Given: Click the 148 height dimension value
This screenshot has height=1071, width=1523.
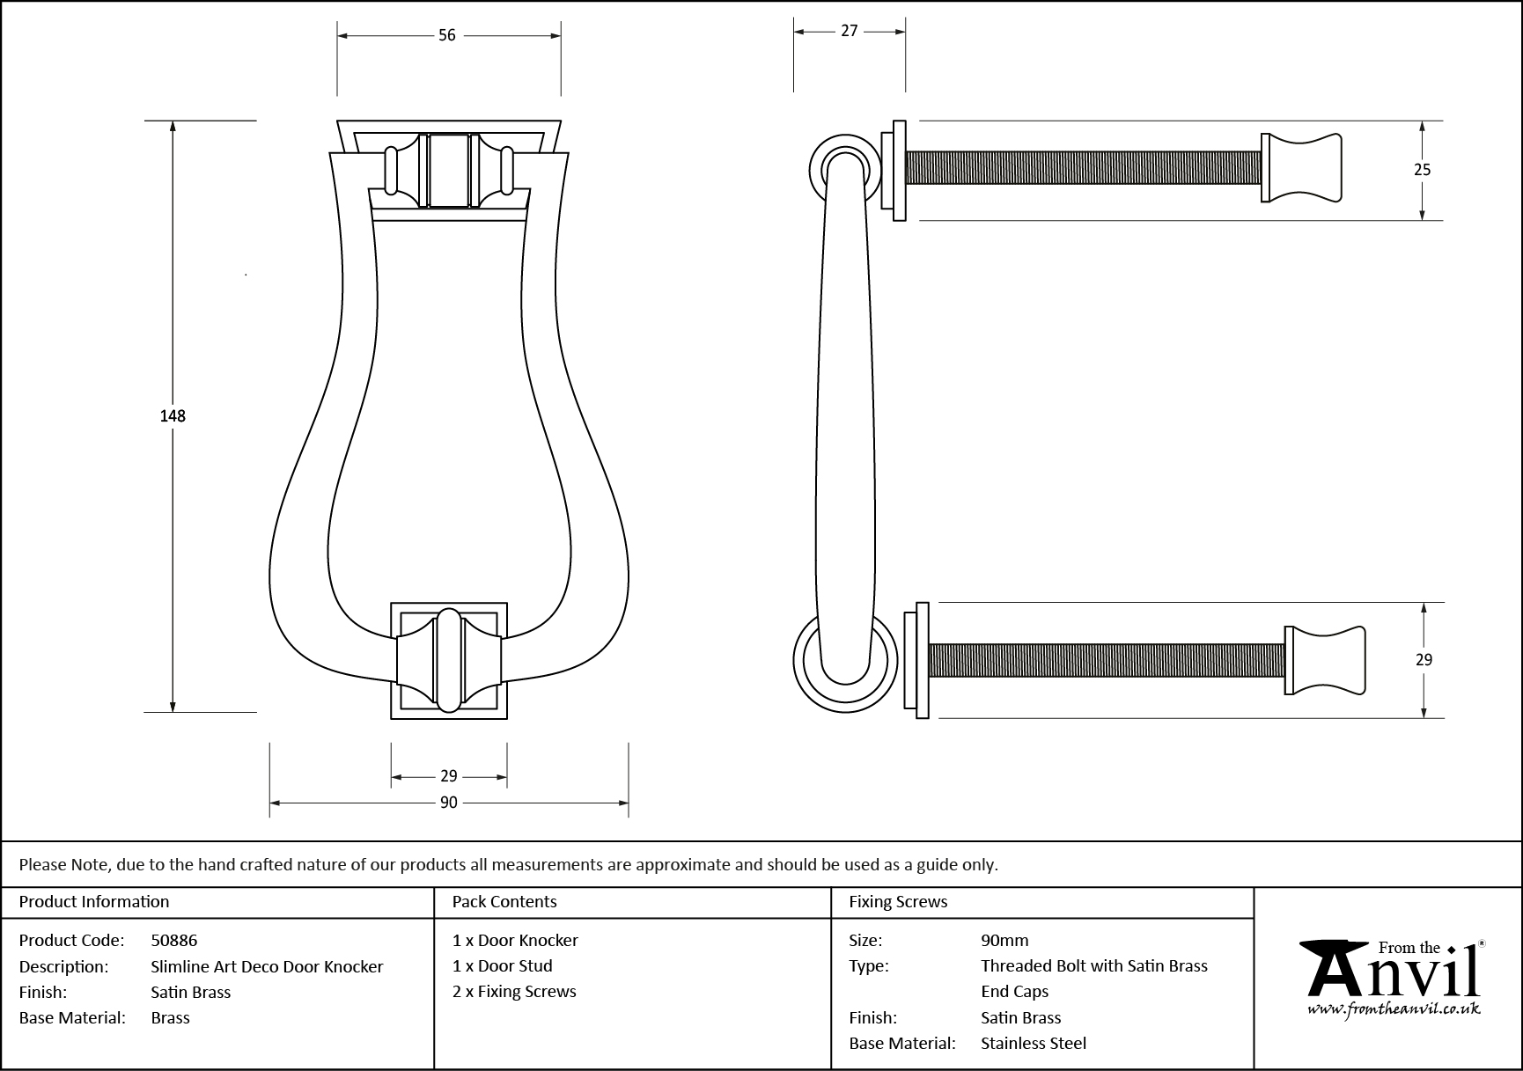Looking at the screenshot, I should pyautogui.click(x=173, y=415).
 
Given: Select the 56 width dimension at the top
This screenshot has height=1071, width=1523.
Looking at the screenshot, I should pyautogui.click(x=447, y=35).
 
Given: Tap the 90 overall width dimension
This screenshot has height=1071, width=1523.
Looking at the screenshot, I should pyautogui.click(x=449, y=803).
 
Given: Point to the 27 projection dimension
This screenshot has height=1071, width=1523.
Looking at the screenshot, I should pyautogui.click(x=849, y=31).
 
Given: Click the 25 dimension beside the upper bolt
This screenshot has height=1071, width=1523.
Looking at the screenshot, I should pyautogui.click(x=1423, y=170).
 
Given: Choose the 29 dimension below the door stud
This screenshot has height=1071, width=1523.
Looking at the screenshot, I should pyautogui.click(x=449, y=776).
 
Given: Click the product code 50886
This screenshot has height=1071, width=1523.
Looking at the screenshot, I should pyautogui.click(x=174, y=940).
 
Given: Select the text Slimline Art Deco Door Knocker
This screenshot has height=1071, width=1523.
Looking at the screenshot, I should pyautogui.click(x=267, y=966).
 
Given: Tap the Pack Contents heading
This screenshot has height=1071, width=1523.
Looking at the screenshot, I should pyautogui.click(x=504, y=901).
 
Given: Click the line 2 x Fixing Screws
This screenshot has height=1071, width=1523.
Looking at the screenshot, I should pyautogui.click(x=514, y=991).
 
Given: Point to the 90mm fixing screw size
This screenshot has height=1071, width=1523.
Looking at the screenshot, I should pyautogui.click(x=1004, y=940).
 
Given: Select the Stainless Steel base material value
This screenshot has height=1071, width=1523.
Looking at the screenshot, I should pyautogui.click(x=1034, y=1043).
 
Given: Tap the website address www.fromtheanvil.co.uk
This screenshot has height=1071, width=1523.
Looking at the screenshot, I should pyautogui.click(x=1394, y=1009).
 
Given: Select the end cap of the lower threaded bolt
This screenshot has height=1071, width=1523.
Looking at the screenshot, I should pyautogui.click(x=1325, y=660).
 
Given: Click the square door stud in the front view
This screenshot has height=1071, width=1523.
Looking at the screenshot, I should pyautogui.click(x=449, y=661).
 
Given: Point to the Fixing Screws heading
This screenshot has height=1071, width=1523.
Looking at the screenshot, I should pyautogui.click(x=898, y=901).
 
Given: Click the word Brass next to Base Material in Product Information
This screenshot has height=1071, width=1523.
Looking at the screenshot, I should pyautogui.click(x=171, y=1017).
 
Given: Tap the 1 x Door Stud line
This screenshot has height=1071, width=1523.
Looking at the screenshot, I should pyautogui.click(x=503, y=965).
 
